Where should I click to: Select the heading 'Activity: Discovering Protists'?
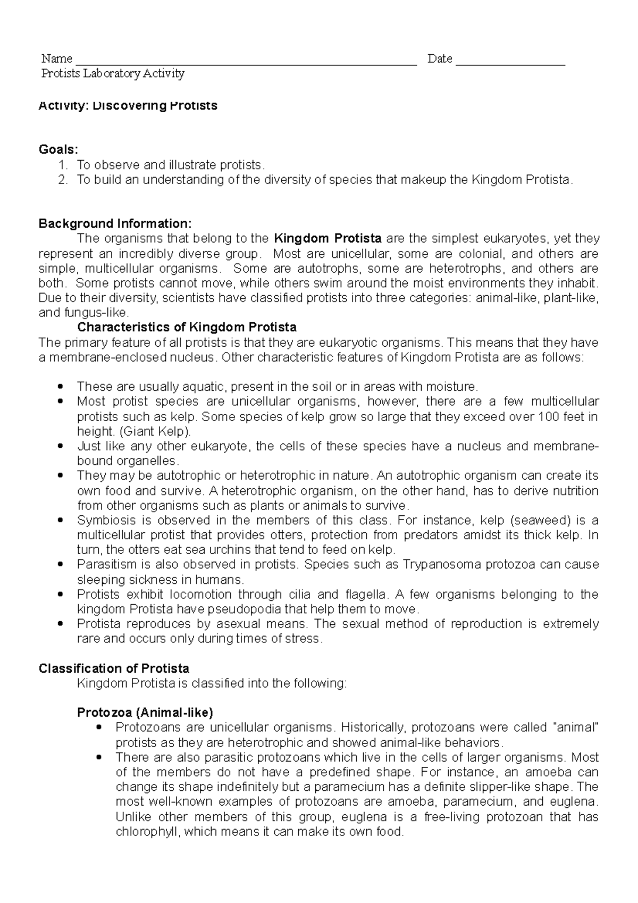click(x=128, y=105)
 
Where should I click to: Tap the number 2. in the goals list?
click(x=63, y=180)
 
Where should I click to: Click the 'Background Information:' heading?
click(x=114, y=223)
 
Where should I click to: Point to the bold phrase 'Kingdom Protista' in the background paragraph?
click(x=328, y=238)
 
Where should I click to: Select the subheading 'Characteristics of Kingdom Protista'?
click(x=187, y=327)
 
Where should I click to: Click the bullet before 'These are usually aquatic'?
click(x=63, y=386)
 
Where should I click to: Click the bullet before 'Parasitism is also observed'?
click(x=63, y=564)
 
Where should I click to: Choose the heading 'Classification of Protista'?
click(x=114, y=668)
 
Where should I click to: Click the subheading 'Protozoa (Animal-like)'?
click(x=145, y=712)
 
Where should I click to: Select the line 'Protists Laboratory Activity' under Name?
click(x=113, y=74)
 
